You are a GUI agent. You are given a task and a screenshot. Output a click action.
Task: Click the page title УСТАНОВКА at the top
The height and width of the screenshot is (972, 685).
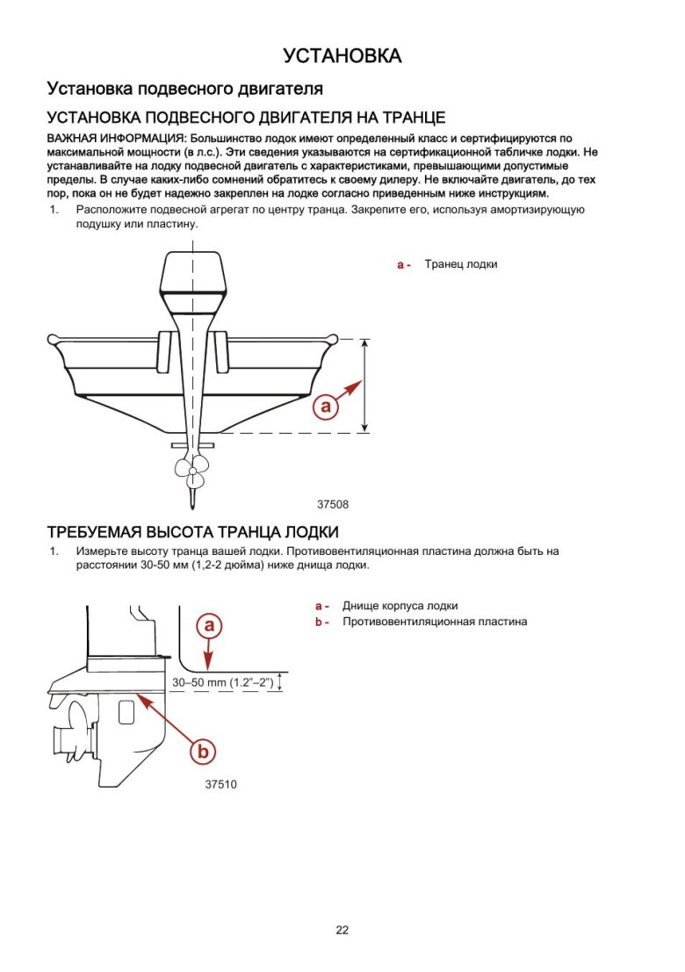(x=342, y=56)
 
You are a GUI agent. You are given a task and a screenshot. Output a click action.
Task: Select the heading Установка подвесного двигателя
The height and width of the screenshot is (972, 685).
(x=184, y=90)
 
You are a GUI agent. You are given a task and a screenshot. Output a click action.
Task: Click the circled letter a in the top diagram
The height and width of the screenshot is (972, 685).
(x=326, y=407)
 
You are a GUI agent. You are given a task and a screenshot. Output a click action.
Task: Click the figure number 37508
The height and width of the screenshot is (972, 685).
(x=333, y=505)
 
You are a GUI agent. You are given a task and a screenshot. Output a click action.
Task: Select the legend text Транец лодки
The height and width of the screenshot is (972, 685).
(x=461, y=264)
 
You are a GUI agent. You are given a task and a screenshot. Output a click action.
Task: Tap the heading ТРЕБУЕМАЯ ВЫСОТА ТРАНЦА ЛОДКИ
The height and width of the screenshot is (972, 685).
(x=192, y=532)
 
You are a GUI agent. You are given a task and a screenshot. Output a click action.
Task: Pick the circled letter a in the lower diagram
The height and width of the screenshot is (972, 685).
(x=209, y=625)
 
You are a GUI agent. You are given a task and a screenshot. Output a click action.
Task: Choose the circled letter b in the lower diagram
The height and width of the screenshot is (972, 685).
(x=203, y=752)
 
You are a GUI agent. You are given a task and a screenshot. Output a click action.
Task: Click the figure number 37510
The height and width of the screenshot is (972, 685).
(x=220, y=785)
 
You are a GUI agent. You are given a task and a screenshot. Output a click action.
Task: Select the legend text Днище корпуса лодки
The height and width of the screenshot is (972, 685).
(x=400, y=606)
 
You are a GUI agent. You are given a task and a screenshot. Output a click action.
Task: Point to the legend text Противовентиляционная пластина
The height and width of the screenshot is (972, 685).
(x=435, y=622)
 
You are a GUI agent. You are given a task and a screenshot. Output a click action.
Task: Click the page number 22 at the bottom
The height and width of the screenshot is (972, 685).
(x=342, y=931)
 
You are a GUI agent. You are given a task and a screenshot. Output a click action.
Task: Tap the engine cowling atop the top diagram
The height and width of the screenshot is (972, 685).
(x=193, y=281)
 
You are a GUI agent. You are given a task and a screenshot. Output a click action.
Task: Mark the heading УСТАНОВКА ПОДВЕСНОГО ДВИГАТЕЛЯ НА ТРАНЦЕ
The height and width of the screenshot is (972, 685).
(x=246, y=118)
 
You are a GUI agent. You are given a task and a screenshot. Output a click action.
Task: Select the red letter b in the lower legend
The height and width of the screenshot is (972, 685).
(x=320, y=623)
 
